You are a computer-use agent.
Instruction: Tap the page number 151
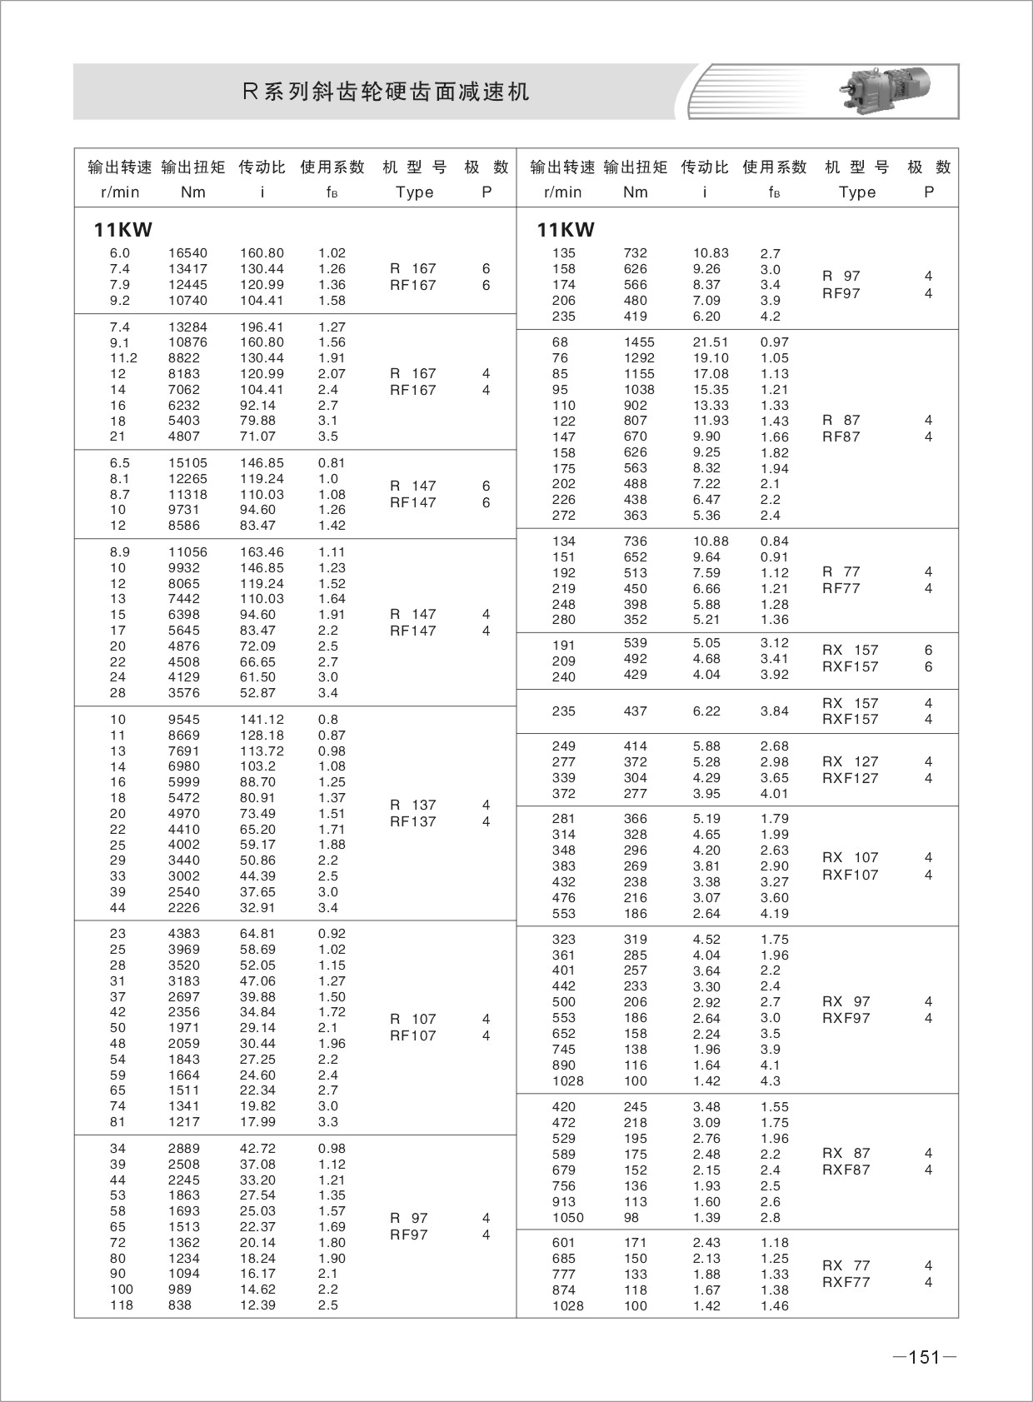pyautogui.click(x=924, y=1357)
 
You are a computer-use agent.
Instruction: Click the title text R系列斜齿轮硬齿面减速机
pyautogui.click(x=386, y=92)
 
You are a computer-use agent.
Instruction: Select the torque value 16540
pyautogui.click(x=187, y=253)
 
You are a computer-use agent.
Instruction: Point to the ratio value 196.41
pyautogui.click(x=262, y=327)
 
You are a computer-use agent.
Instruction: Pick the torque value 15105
pyautogui.click(x=187, y=463)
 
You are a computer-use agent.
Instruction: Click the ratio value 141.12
pyautogui.click(x=262, y=720)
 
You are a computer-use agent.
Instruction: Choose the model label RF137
pyautogui.click(x=413, y=822)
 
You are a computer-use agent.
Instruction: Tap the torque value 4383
pyautogui.click(x=184, y=934)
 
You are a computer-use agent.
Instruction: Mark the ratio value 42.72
pyautogui.click(x=257, y=1149)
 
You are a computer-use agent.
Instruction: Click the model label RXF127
pyautogui.click(x=850, y=779)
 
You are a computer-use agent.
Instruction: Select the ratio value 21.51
pyautogui.click(x=711, y=342)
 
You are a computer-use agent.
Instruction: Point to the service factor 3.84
pyautogui.click(x=774, y=711)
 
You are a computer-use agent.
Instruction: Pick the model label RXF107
pyautogui.click(x=850, y=875)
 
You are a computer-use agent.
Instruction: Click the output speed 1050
pyautogui.click(x=567, y=1218)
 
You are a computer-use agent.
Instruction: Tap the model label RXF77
pyautogui.click(x=846, y=1283)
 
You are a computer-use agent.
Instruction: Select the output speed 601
pyautogui.click(x=564, y=1243)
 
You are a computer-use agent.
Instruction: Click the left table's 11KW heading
pyautogui.click(x=122, y=230)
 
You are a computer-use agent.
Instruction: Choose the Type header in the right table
pyautogui.click(x=857, y=192)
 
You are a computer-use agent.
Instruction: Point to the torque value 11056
pyautogui.click(x=187, y=552)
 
